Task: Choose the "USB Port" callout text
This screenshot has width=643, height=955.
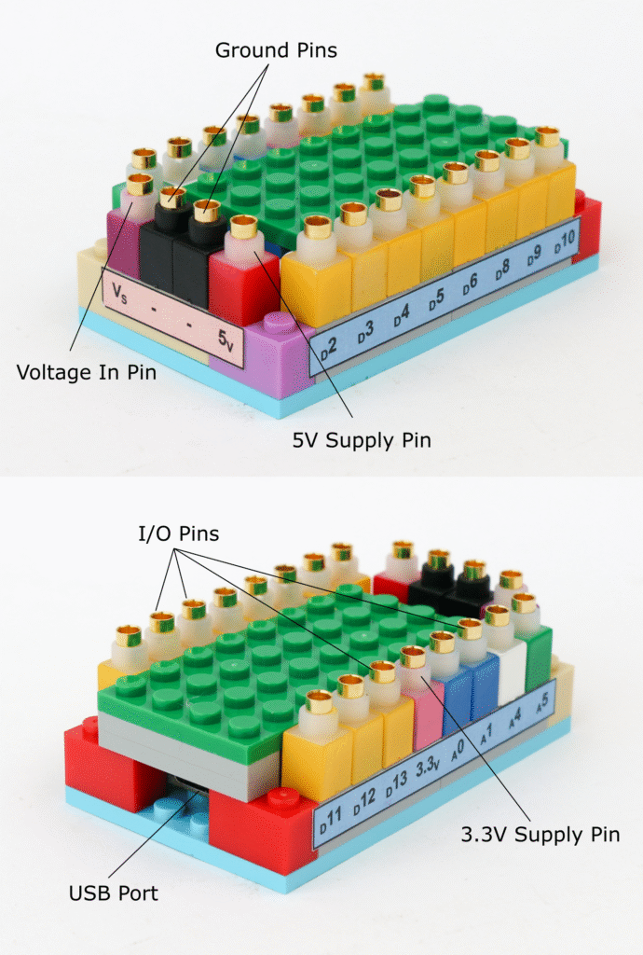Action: [113, 893]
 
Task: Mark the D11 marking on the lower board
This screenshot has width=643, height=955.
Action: [330, 822]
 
